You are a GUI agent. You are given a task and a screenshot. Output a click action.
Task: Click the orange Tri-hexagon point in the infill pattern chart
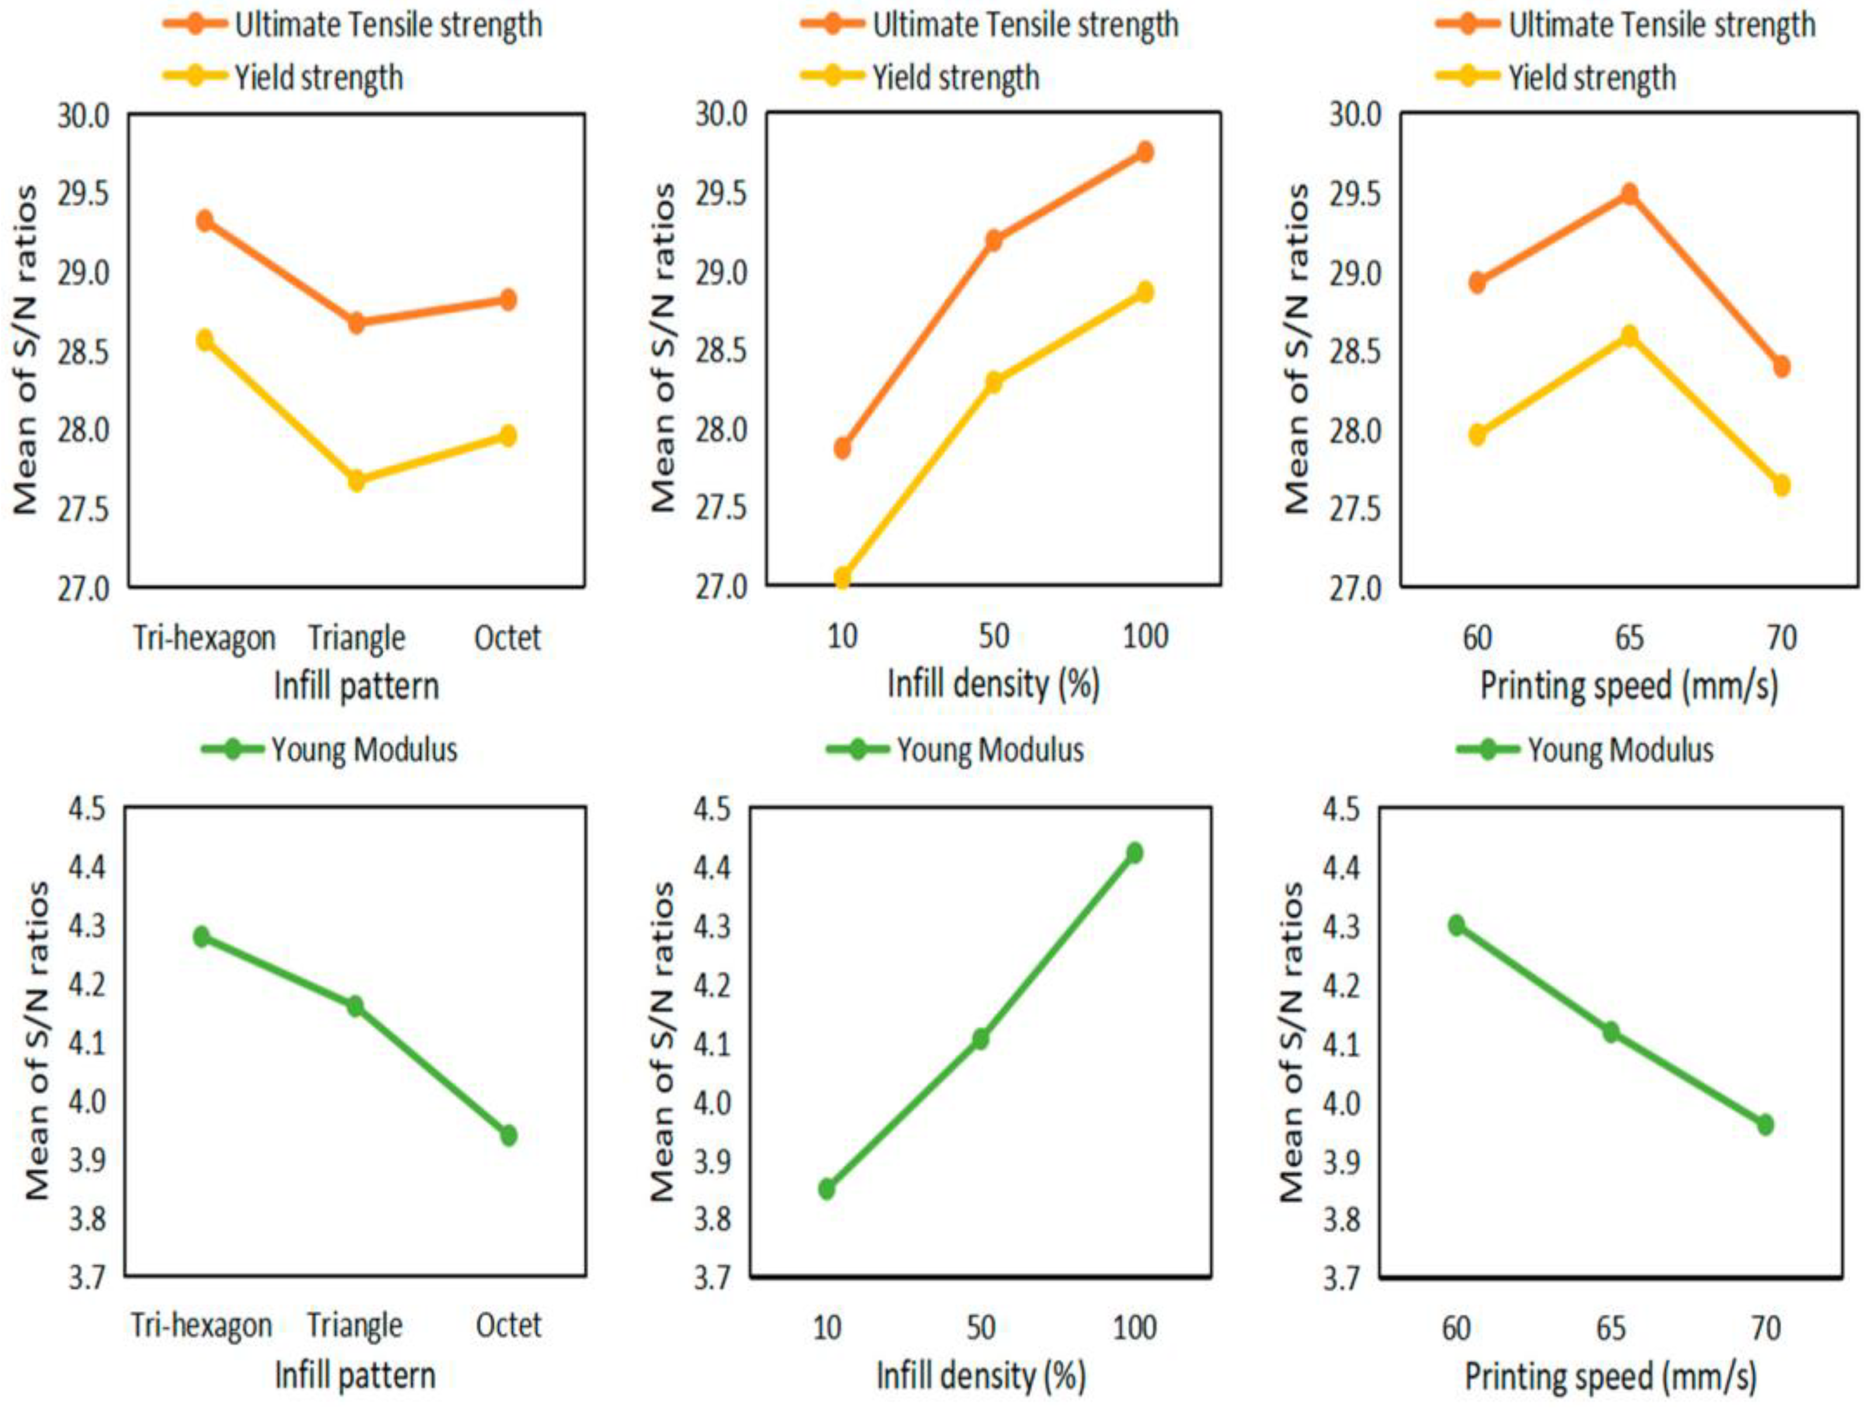tap(204, 221)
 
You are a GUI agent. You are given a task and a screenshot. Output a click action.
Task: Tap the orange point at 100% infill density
tap(1145, 152)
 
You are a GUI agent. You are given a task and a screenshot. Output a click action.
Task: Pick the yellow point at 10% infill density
tap(842, 578)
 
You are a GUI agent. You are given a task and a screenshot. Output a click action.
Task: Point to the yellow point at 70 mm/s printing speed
tap(1781, 486)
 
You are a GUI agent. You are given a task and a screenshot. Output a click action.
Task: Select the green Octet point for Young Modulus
tap(508, 1135)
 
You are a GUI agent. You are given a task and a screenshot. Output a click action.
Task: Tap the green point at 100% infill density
tap(1134, 853)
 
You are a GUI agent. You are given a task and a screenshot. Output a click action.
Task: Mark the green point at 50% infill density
tap(980, 1039)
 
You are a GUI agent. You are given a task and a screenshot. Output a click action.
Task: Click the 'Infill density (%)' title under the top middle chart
tap(993, 684)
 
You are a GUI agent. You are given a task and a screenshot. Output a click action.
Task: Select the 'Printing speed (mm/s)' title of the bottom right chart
tap(1610, 1377)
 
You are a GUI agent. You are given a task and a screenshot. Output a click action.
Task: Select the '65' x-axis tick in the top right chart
tap(1629, 637)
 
